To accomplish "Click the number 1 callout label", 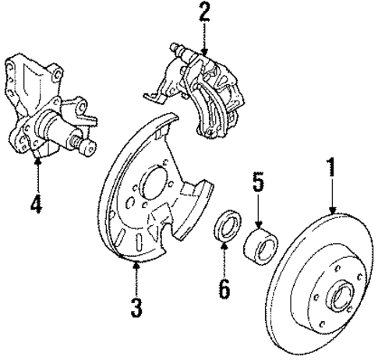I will point(331,169).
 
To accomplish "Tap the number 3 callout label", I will point(136,307).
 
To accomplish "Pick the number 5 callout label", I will point(258,185).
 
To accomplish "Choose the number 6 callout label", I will point(224,289).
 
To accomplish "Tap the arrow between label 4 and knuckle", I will point(37,175).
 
